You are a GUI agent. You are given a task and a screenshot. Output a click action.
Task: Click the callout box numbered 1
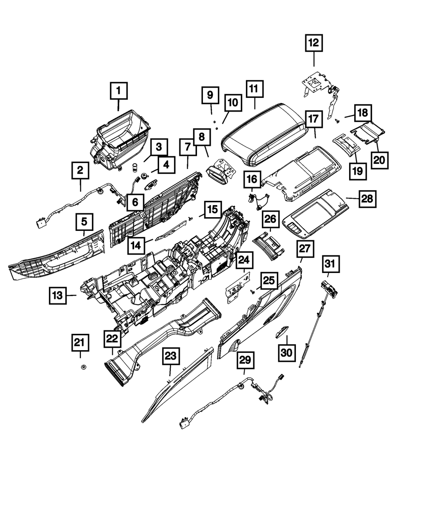[x=119, y=91]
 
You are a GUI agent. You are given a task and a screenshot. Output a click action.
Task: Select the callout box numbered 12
[x=313, y=43]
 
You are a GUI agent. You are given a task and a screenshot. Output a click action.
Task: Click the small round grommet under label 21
[x=83, y=367]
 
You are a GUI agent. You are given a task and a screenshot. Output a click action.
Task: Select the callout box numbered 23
[x=171, y=356]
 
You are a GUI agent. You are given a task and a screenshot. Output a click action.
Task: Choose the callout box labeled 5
[x=84, y=221]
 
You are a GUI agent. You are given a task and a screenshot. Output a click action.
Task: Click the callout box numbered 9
[x=210, y=95]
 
